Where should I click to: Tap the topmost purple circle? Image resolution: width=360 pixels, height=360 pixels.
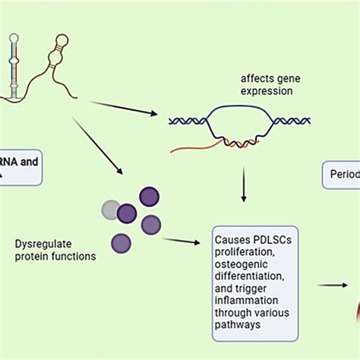(x=149, y=197)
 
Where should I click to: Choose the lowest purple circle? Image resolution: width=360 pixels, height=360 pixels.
(x=121, y=243)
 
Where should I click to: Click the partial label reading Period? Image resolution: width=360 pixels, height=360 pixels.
(x=341, y=174)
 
